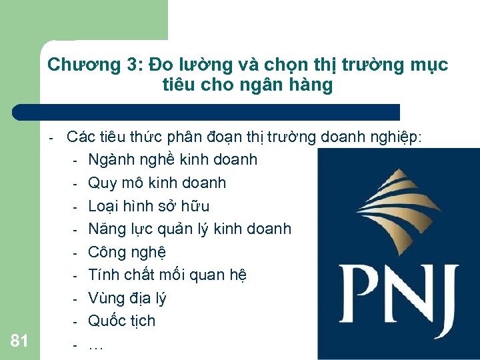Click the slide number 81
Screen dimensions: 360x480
tap(19, 341)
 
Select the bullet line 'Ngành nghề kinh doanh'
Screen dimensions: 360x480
tap(173, 160)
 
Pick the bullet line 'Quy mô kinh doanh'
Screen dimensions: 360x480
tap(157, 183)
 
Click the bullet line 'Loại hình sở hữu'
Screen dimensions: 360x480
tap(149, 206)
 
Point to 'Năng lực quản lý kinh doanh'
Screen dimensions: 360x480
tap(189, 229)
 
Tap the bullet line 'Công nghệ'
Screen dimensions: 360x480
tap(127, 252)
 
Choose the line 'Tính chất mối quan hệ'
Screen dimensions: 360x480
tap(167, 275)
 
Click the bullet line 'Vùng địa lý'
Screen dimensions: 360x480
tap(127, 298)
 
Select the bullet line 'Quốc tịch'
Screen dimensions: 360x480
tap(122, 321)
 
